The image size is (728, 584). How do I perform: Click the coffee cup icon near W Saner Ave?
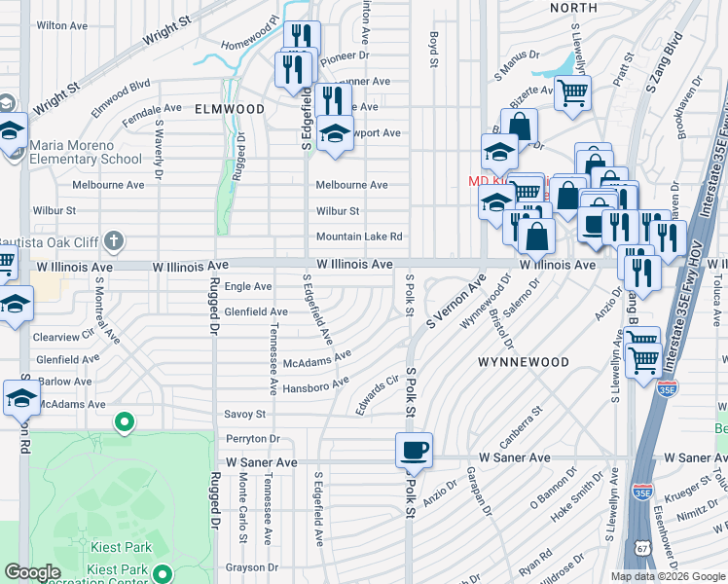[x=415, y=449]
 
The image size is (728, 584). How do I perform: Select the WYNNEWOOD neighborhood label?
[x=517, y=361]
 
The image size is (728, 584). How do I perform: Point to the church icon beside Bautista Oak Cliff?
[x=114, y=239]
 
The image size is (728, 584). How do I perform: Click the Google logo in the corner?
[x=32, y=572]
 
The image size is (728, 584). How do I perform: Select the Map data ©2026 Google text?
[x=667, y=576]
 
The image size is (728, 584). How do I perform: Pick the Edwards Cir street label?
[x=378, y=394]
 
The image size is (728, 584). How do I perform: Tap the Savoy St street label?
[x=244, y=414]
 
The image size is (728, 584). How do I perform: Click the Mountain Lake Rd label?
[x=358, y=237]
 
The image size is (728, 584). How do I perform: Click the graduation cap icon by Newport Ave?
[x=335, y=133]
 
